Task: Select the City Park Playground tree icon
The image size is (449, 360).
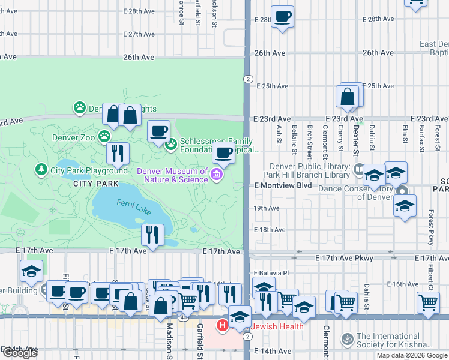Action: tap(41, 170)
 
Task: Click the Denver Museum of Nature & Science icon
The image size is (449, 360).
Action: tap(217, 175)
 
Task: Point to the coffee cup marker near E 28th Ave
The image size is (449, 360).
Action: tap(283, 17)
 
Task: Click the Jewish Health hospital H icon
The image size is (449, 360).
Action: tap(222, 326)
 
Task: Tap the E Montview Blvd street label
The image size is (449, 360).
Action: tap(282, 186)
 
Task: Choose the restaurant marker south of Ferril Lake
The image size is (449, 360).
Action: tap(152, 235)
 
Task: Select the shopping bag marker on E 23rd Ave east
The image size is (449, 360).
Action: tap(348, 97)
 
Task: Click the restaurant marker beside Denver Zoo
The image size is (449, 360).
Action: tap(118, 153)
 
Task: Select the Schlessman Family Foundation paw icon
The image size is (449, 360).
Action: tap(171, 144)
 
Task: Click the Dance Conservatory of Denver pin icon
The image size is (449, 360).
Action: tap(402, 191)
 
